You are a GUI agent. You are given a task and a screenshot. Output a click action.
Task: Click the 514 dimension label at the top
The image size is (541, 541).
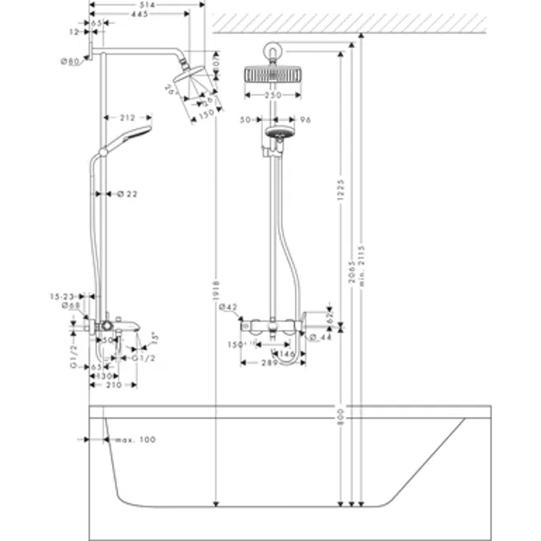coord(147,5)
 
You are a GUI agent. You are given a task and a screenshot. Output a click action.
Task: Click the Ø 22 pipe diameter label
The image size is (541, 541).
coord(129,193)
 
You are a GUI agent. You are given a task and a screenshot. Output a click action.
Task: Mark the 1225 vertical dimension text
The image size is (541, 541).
coord(341,190)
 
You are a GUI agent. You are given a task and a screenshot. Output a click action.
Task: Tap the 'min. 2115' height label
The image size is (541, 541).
coord(361,264)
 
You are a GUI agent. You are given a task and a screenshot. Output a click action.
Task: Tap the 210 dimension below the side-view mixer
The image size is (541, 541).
coord(115,386)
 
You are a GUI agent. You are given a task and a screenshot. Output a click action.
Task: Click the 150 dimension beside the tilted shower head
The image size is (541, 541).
coord(208,113)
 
